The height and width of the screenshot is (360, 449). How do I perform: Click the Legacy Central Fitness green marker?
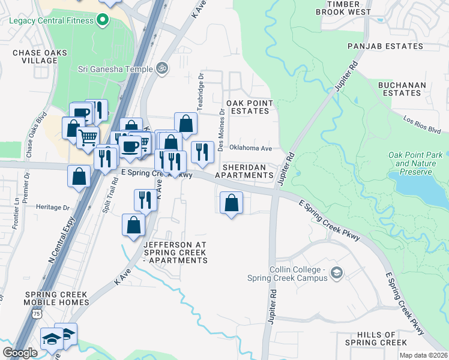click(103, 20)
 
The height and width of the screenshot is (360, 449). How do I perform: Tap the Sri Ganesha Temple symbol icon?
click(160, 68)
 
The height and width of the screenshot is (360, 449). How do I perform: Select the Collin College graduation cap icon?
click(337, 274)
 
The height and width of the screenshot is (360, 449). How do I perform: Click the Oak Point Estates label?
click(249, 107)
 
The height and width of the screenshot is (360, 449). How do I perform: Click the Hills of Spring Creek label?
click(367, 338)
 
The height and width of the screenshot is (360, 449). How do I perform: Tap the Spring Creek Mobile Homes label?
click(56, 299)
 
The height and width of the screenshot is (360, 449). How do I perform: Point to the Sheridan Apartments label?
click(248, 171)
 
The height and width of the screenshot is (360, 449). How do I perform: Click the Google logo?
click(20, 353)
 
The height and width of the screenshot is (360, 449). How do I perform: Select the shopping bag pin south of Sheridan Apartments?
click(232, 203)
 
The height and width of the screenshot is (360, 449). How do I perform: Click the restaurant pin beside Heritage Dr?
click(145, 200)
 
